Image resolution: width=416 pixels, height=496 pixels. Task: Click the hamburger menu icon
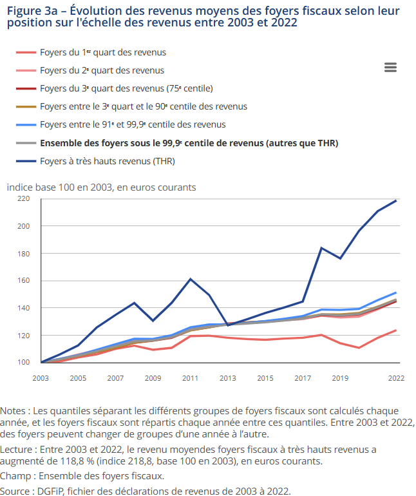[390, 68]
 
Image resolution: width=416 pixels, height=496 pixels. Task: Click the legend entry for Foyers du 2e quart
[102, 70]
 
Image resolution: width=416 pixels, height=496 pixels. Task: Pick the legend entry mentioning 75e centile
[126, 88]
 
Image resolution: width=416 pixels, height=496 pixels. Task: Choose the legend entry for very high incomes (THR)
[107, 160]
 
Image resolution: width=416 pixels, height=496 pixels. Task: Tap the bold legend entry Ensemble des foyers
[189, 142]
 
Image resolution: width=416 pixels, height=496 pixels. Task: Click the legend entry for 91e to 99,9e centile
[133, 124]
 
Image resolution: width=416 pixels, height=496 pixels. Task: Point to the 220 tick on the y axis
[24, 198]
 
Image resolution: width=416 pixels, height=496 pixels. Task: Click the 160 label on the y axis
[24, 281]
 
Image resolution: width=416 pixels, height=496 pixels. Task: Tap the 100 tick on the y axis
[24, 363]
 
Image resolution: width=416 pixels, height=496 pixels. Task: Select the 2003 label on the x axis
[41, 378]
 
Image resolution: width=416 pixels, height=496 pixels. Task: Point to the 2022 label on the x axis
[396, 378]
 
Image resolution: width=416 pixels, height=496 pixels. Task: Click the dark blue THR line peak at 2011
[191, 279]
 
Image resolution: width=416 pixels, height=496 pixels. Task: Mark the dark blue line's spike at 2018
[321, 248]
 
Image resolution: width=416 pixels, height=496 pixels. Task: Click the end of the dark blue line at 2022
[396, 200]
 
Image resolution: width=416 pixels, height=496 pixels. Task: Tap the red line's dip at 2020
[359, 348]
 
